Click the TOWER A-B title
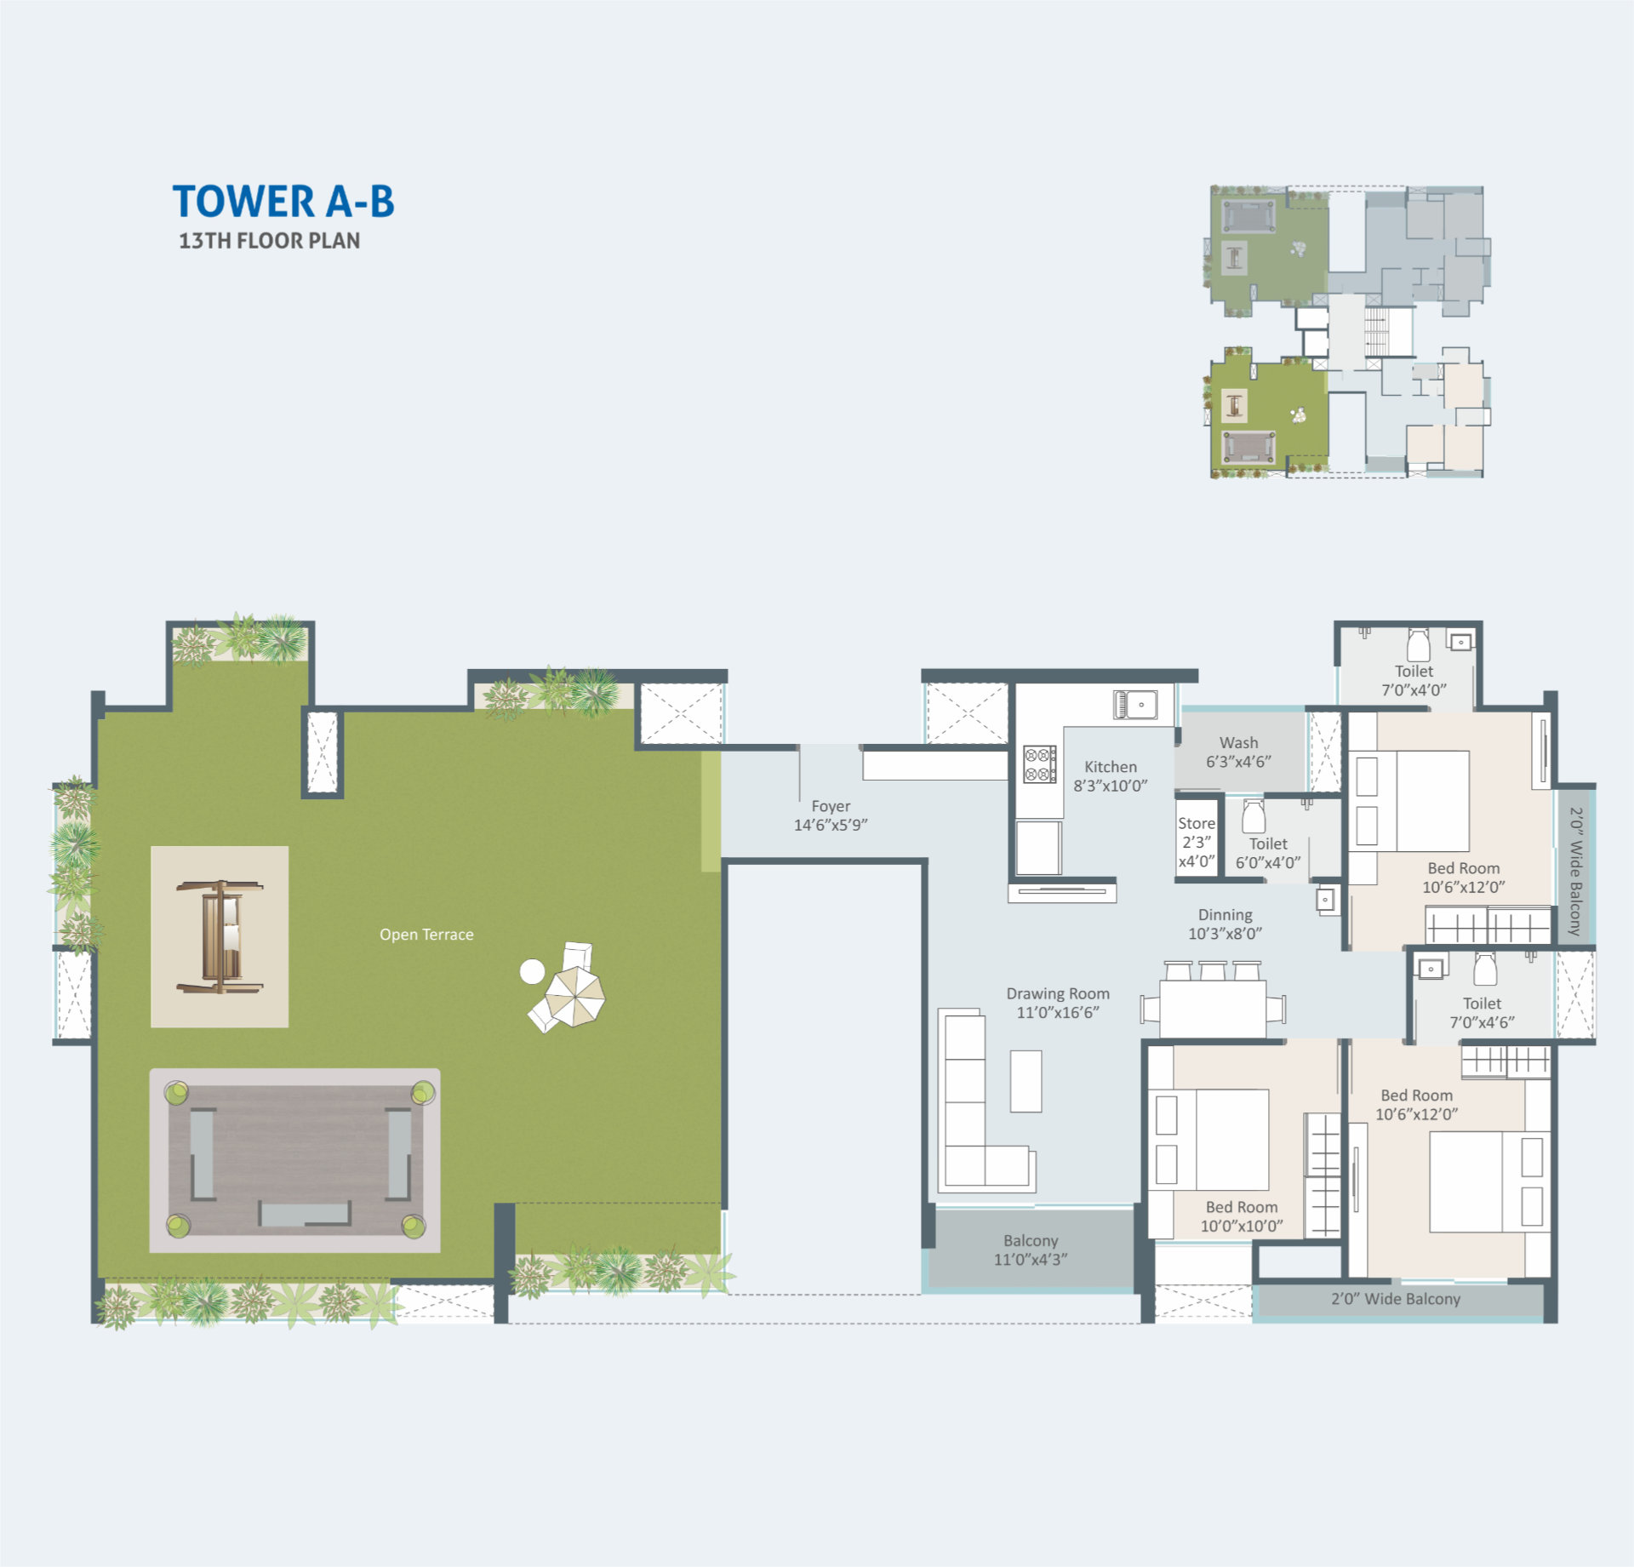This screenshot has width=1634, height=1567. point(283,202)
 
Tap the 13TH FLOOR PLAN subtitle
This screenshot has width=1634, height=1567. point(269,241)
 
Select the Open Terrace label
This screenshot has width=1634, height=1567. point(426,934)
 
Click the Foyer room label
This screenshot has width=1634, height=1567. point(831,815)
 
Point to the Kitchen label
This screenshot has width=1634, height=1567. point(1111,775)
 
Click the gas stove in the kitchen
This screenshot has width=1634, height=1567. point(1040,763)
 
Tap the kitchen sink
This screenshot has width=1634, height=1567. point(1135,705)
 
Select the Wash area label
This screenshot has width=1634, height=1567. point(1238,752)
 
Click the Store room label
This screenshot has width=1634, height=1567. point(1197,842)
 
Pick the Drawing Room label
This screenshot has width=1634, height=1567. point(1058,1003)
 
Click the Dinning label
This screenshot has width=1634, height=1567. point(1225,924)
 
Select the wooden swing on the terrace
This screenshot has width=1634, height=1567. point(220,936)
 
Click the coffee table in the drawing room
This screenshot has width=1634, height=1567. point(1026,1081)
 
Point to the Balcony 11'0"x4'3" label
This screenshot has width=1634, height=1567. point(1031,1250)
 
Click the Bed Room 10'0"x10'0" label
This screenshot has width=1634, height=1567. point(1242,1216)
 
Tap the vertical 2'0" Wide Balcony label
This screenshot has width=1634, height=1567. point(1575,871)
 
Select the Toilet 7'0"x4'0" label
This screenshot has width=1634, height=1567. point(1414,680)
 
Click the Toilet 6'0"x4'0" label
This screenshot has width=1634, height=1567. point(1268,853)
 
